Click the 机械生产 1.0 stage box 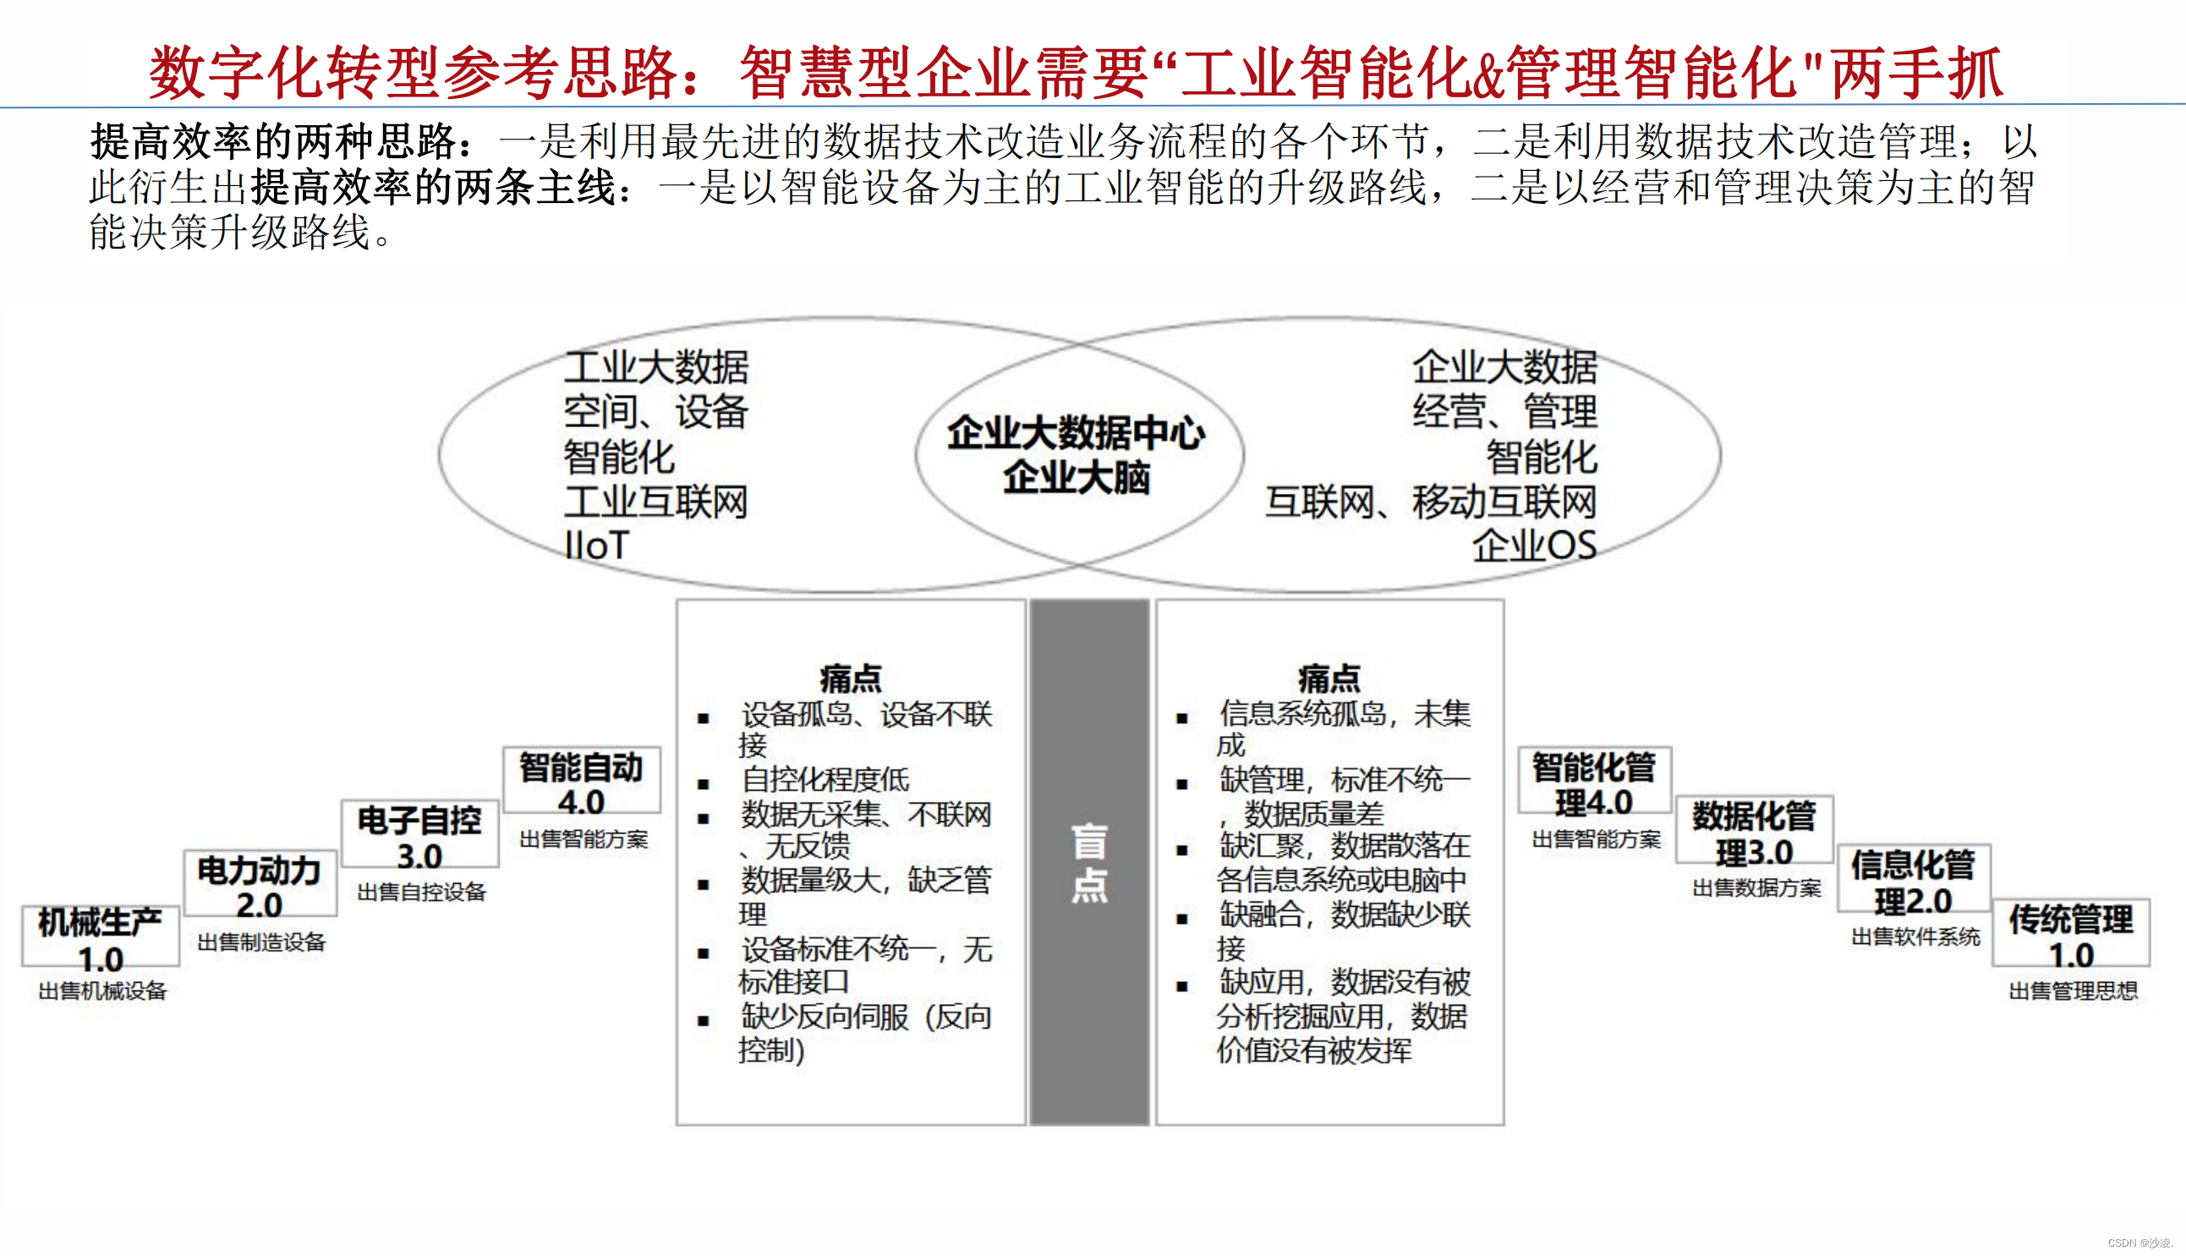[101, 937]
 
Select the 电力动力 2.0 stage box [260, 885]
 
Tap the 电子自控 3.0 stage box [420, 835]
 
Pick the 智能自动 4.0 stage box [581, 782]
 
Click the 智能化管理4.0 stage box [1593, 782]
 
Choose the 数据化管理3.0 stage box [1754, 831]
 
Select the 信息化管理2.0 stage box [1914, 880]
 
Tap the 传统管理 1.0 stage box [2071, 935]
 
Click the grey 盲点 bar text [1089, 863]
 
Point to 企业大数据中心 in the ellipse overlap [1077, 433]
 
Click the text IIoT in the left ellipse [596, 546]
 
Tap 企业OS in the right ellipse [1534, 546]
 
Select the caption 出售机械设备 [102, 991]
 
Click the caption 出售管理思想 [2073, 991]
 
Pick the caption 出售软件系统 [1915, 937]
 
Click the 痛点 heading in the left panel [851, 679]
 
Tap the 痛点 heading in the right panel [1329, 679]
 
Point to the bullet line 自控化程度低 [825, 780]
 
